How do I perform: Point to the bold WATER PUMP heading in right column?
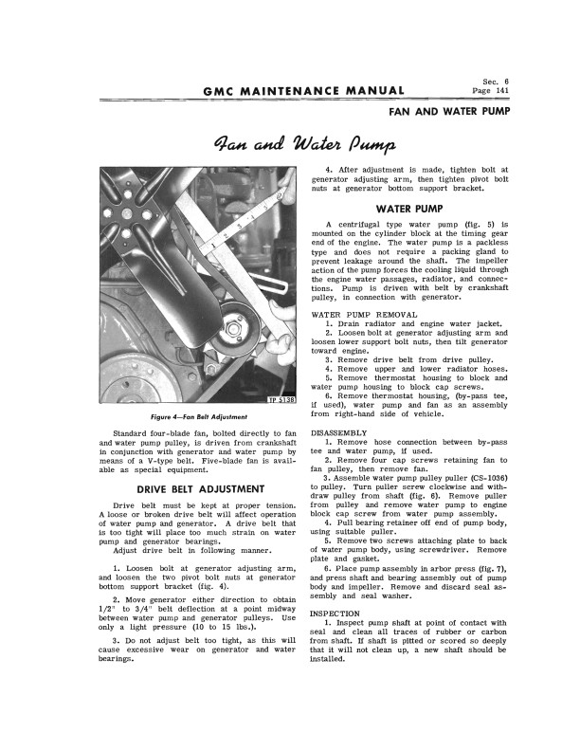tap(410, 208)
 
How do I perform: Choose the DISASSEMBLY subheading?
tap(341, 431)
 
